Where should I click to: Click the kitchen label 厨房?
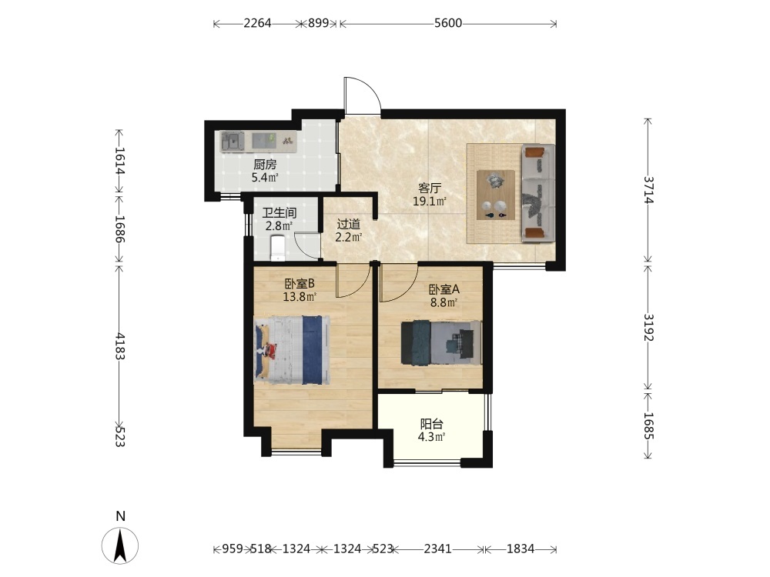[x=265, y=165]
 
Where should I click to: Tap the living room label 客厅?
[x=430, y=188]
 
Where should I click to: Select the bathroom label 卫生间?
[x=279, y=213]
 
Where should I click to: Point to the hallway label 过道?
[x=349, y=224]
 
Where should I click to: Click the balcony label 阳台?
[x=432, y=424]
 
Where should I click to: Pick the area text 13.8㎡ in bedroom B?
[x=300, y=296]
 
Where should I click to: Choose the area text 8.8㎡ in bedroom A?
[x=444, y=302]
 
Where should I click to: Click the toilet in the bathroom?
[x=277, y=248]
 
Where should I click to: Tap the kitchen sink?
[x=233, y=141]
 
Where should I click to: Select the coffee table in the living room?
[x=496, y=195]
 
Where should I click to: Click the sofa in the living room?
[x=537, y=193]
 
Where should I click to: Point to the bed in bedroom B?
[x=292, y=350]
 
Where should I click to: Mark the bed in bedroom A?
[x=441, y=342]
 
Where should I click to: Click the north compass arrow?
[x=120, y=545]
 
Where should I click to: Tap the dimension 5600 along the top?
[x=448, y=23]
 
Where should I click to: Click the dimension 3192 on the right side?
[x=648, y=327]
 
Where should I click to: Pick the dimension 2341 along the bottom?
[x=437, y=549]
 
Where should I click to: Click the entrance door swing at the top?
[x=363, y=95]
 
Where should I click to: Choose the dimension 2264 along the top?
[x=257, y=23]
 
